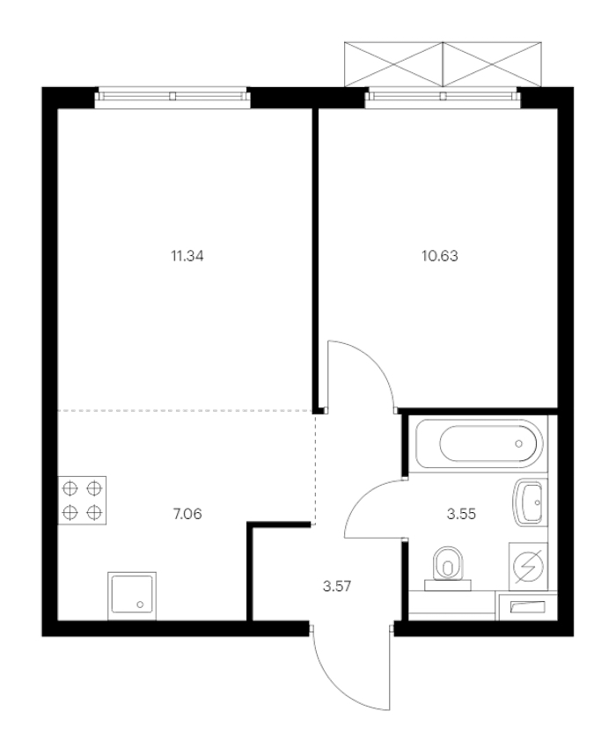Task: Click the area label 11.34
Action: pos(187,256)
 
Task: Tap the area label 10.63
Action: pos(440,256)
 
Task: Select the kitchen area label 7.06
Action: pos(187,514)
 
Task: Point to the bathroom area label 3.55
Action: pos(461,514)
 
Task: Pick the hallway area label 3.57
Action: pos(337,586)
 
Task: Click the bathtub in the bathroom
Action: pos(479,443)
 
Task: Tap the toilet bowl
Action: pos(448,568)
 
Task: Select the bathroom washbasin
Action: pos(530,503)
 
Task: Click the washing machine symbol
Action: pos(528,567)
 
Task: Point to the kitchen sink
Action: pos(132,596)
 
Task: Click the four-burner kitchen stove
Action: pos(82,500)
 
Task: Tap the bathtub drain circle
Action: pos(519,443)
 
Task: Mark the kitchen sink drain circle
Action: pos(140,605)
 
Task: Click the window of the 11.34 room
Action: pos(172,97)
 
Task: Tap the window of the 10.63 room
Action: pos(443,97)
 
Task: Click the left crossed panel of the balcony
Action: pos(393,64)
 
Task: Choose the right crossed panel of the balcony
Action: pos(492,64)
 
